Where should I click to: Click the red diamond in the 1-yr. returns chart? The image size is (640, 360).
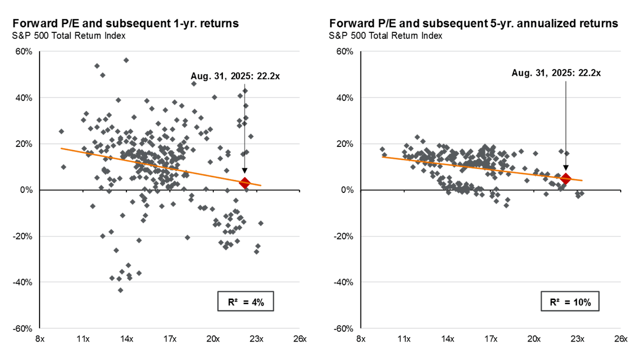(244, 183)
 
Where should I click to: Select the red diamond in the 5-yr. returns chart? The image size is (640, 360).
(566, 179)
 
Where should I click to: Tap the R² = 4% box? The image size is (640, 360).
(246, 302)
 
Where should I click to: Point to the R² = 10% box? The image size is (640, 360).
(570, 302)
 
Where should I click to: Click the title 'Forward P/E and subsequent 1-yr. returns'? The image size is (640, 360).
(126, 24)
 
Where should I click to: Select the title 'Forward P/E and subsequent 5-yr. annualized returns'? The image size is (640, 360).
(474, 24)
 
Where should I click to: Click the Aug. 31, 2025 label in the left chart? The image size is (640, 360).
(235, 76)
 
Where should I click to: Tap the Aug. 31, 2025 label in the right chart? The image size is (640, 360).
(556, 73)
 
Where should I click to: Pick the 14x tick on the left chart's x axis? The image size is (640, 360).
(126, 339)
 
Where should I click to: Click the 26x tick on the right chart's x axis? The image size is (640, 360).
(620, 339)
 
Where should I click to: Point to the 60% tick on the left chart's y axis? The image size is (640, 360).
(24, 52)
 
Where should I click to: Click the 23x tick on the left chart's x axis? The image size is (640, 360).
(256, 339)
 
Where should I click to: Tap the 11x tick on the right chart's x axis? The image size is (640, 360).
(404, 339)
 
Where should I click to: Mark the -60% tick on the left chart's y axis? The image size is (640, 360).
(23, 328)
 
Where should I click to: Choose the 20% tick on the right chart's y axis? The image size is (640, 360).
(345, 144)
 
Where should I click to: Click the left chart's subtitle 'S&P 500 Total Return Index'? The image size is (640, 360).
(69, 36)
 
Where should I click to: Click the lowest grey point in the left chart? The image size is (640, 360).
(120, 290)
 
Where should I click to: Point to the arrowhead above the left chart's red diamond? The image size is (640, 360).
(244, 171)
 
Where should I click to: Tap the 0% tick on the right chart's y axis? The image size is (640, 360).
(347, 190)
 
